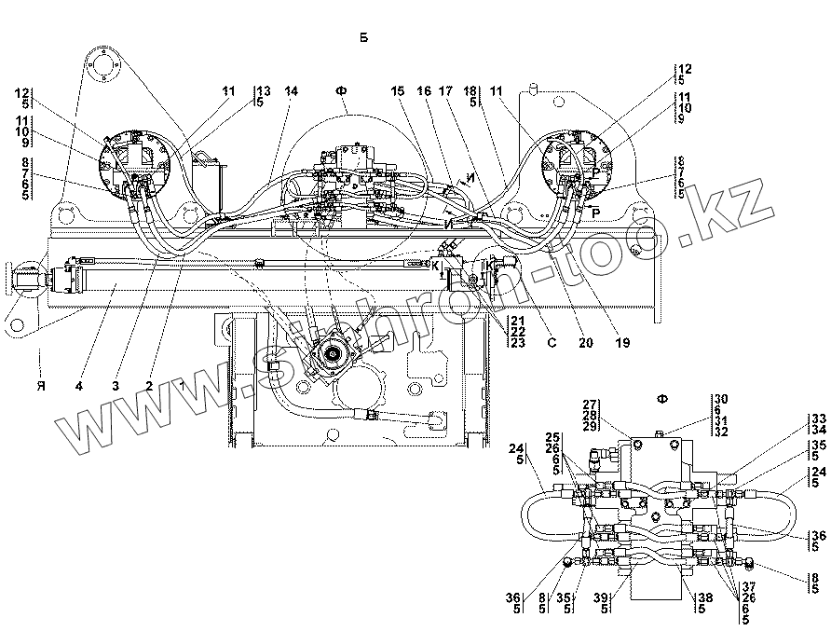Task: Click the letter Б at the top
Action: (363, 37)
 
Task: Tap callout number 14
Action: (292, 91)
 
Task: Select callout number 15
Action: (400, 91)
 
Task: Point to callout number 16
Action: (425, 91)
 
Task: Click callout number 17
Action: (446, 91)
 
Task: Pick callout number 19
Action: (622, 343)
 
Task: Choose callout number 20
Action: (585, 343)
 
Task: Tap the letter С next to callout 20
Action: (552, 343)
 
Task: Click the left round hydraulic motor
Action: (134, 163)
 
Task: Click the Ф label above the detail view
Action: (662, 400)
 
